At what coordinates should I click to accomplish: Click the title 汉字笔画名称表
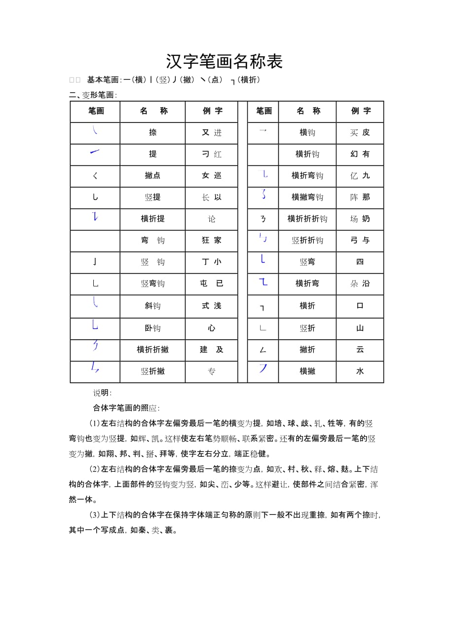pos(224,62)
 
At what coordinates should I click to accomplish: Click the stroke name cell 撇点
pos(152,176)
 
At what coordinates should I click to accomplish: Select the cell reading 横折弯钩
pos(307,176)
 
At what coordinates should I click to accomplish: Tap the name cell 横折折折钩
pos(307,219)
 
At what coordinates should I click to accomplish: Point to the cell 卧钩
pos(152,328)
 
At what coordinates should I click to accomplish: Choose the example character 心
pos(212,328)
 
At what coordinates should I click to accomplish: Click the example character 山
pos(360,328)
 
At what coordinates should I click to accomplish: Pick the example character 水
pos(360,371)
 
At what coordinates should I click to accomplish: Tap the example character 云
pos(360,350)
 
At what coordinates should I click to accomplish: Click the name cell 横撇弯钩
pos(307,198)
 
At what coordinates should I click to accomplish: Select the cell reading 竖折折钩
pos(307,241)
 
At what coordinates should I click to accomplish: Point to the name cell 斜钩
pos(152,306)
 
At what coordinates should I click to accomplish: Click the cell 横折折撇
pos(152,350)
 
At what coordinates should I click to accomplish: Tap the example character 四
pos(360,262)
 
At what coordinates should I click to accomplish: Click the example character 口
pos(360,306)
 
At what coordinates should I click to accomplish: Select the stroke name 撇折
pos(307,350)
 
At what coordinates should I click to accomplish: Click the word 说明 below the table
pos(102,393)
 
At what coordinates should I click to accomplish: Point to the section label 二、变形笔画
pos(93,95)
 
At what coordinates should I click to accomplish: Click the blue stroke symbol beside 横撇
pos(263,368)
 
